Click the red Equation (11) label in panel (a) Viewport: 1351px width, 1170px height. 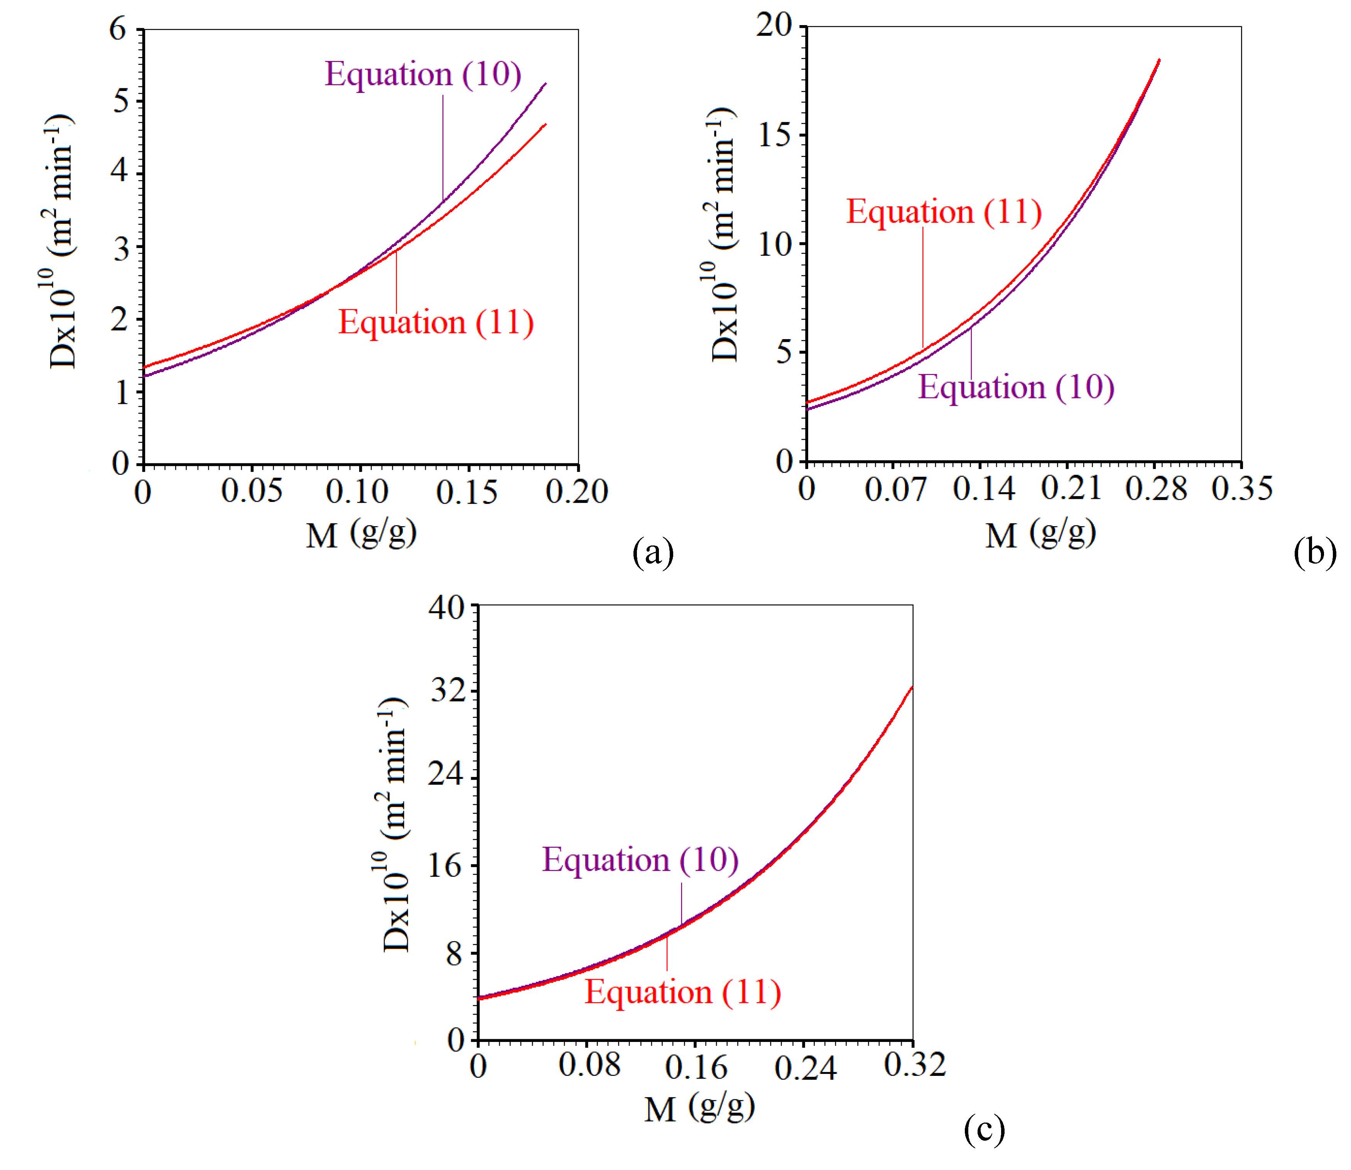click(436, 322)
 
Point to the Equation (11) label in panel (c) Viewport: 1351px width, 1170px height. click(682, 993)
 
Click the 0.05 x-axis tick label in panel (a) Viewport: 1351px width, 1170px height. click(252, 491)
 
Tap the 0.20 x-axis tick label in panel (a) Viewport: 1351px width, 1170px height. click(577, 491)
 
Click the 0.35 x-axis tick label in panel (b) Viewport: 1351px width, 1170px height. click(1241, 488)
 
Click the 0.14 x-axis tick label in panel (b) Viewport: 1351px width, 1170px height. click(983, 488)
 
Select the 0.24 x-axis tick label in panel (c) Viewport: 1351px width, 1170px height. click(804, 1068)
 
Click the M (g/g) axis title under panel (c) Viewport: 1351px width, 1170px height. click(699, 1108)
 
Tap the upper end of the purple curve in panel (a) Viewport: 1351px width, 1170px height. click(545, 84)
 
